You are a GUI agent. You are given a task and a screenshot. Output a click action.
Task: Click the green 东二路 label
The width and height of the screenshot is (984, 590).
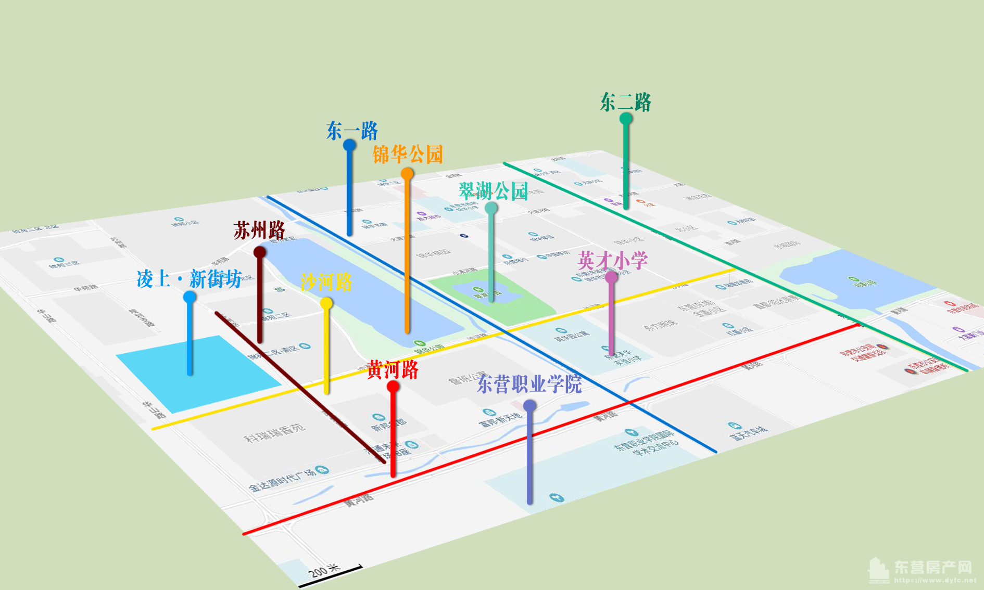(625, 102)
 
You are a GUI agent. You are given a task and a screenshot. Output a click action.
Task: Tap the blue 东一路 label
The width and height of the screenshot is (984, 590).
(352, 131)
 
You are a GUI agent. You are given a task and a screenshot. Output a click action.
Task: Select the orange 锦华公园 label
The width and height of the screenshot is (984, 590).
(408, 155)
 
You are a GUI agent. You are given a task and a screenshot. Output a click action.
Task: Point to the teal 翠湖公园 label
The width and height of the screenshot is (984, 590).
(493, 191)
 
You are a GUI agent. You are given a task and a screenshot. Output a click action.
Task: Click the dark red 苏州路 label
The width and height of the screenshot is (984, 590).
(259, 230)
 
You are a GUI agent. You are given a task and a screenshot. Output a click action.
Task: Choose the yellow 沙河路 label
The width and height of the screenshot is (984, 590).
(326, 282)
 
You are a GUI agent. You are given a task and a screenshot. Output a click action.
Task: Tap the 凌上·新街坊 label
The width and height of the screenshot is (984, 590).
(189, 279)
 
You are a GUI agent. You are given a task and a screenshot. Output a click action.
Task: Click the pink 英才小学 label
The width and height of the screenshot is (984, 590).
(613, 260)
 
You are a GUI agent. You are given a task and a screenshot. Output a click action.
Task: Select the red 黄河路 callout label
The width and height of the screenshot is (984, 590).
(393, 370)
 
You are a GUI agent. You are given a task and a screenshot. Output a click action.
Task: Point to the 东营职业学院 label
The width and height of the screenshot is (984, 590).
(529, 384)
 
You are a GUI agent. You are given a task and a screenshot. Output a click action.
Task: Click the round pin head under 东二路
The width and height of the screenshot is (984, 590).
(626, 119)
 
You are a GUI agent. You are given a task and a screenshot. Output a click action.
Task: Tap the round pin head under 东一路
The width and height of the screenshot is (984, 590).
(349, 145)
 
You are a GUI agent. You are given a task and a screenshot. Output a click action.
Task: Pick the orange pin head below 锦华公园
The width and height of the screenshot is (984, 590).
(407, 173)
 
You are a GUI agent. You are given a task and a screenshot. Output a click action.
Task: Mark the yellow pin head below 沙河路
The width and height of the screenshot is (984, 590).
(326, 303)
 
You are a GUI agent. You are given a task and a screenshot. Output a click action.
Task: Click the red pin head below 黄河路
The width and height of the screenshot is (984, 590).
(393, 387)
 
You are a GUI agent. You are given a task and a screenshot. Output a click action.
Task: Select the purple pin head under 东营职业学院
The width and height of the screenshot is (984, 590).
(529, 406)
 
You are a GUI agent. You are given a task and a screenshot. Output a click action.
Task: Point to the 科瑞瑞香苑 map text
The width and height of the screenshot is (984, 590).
(275, 432)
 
